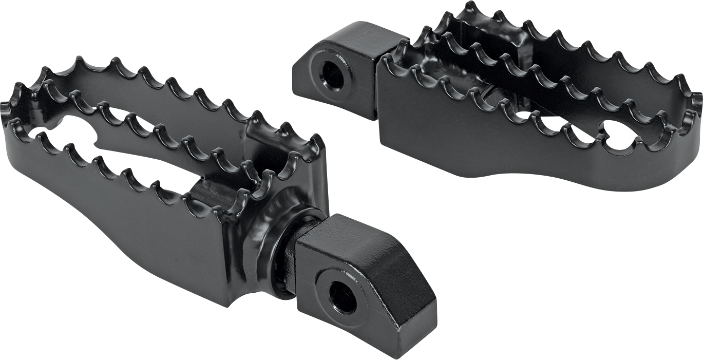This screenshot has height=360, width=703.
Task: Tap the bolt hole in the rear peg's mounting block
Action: [332, 75]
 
